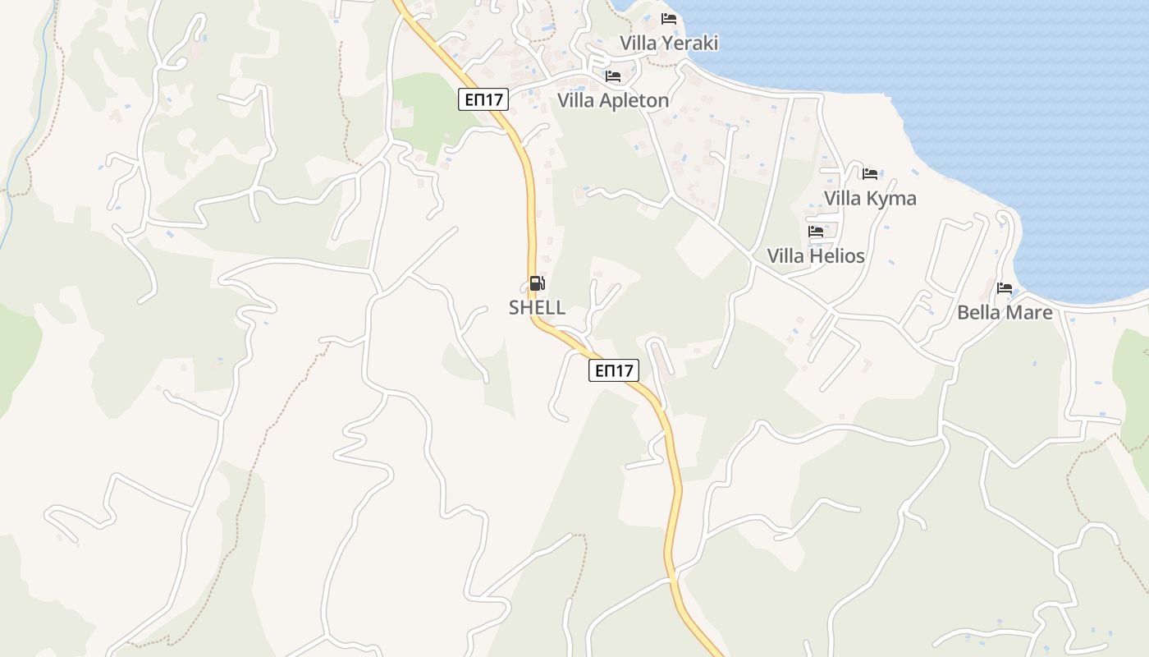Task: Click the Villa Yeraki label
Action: [x=669, y=43]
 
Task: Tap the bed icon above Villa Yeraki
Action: [x=669, y=18]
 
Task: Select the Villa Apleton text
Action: [x=613, y=100]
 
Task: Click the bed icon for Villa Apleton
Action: [x=613, y=76]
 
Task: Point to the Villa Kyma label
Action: [x=870, y=198]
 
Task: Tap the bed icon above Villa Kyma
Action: [x=870, y=173]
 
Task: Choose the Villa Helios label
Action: [x=816, y=255]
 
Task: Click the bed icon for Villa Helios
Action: [x=816, y=232]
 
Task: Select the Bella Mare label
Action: [x=1005, y=312]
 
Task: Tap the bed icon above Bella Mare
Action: [x=1005, y=288]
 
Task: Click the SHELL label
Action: [x=537, y=307]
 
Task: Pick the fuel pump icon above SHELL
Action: [x=537, y=284]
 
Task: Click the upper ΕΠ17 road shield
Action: [x=483, y=100]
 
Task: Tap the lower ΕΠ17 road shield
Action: [x=614, y=370]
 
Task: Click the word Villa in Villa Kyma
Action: [x=843, y=198]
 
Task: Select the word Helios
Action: [x=836, y=255]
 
